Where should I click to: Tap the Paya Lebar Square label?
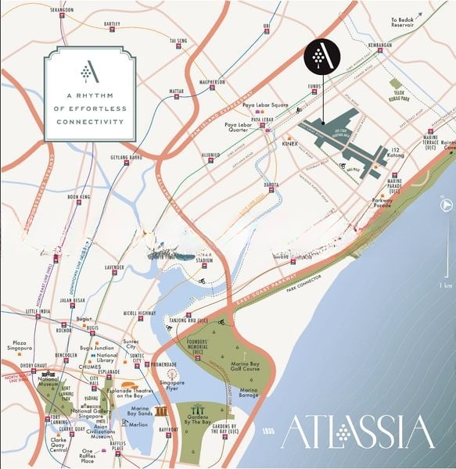click(x=266, y=104)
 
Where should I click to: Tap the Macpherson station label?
click(x=211, y=81)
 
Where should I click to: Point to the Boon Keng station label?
click(x=80, y=197)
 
